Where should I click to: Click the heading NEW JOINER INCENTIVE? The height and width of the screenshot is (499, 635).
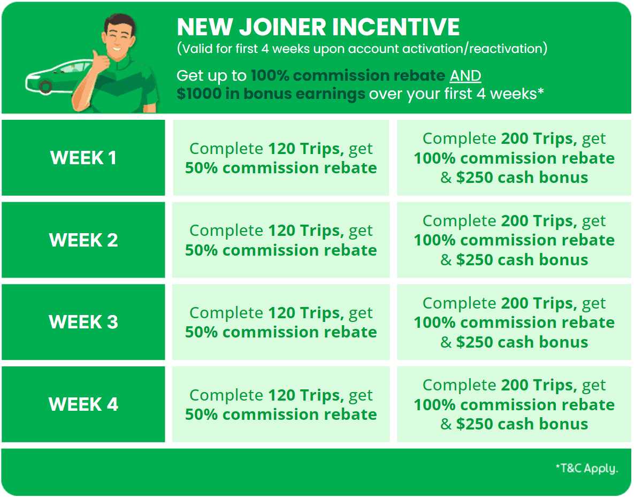pyautogui.click(x=318, y=27)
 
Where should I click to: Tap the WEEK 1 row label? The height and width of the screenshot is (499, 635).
pyautogui.click(x=83, y=158)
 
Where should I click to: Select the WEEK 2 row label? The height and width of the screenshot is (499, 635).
pyautogui.click(x=83, y=240)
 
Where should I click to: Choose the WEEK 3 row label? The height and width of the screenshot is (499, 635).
pyautogui.click(x=83, y=322)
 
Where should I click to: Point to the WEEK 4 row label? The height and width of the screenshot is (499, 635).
pyautogui.click(x=83, y=404)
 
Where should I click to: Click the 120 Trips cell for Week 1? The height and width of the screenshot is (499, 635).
pyautogui.click(x=281, y=158)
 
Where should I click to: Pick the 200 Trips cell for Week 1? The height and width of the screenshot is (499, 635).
pyautogui.click(x=514, y=158)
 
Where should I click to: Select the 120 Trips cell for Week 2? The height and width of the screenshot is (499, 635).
pyautogui.click(x=281, y=240)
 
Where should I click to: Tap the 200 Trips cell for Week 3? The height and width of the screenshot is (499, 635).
pyautogui.click(x=514, y=322)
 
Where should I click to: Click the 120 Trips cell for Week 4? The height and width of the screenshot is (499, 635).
pyautogui.click(x=281, y=404)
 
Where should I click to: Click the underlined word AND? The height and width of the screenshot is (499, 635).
pyautogui.click(x=465, y=76)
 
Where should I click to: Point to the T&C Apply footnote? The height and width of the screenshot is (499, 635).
pyautogui.click(x=587, y=469)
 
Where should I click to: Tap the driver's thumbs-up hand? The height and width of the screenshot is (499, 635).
pyautogui.click(x=100, y=63)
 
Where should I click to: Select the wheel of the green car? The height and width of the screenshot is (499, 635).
pyautogui.click(x=45, y=87)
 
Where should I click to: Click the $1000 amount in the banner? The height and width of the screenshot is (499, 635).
pyautogui.click(x=199, y=94)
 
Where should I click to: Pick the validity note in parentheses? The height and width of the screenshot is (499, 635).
pyautogui.click(x=362, y=49)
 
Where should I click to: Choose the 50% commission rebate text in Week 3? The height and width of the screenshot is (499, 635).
pyautogui.click(x=281, y=332)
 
